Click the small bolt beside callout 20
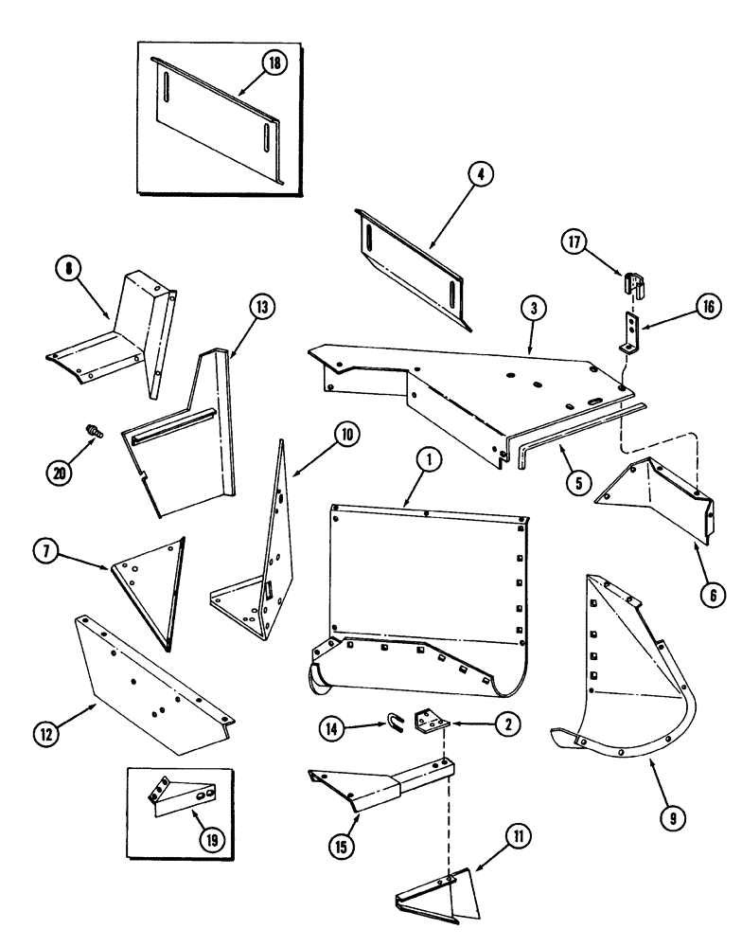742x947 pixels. tap(93, 432)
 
